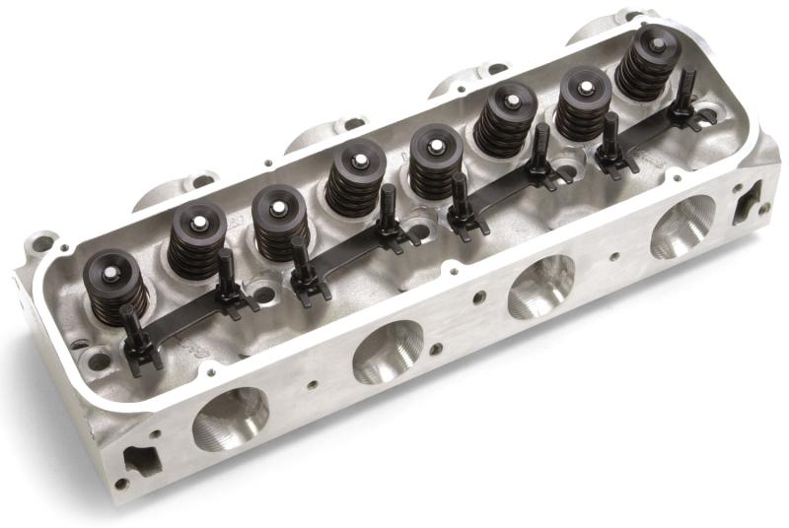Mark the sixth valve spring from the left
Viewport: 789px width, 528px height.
click(x=504, y=118)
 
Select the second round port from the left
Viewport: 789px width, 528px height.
click(x=388, y=351)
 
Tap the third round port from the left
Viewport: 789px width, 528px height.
click(x=540, y=286)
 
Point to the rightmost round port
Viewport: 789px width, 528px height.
click(x=681, y=226)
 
